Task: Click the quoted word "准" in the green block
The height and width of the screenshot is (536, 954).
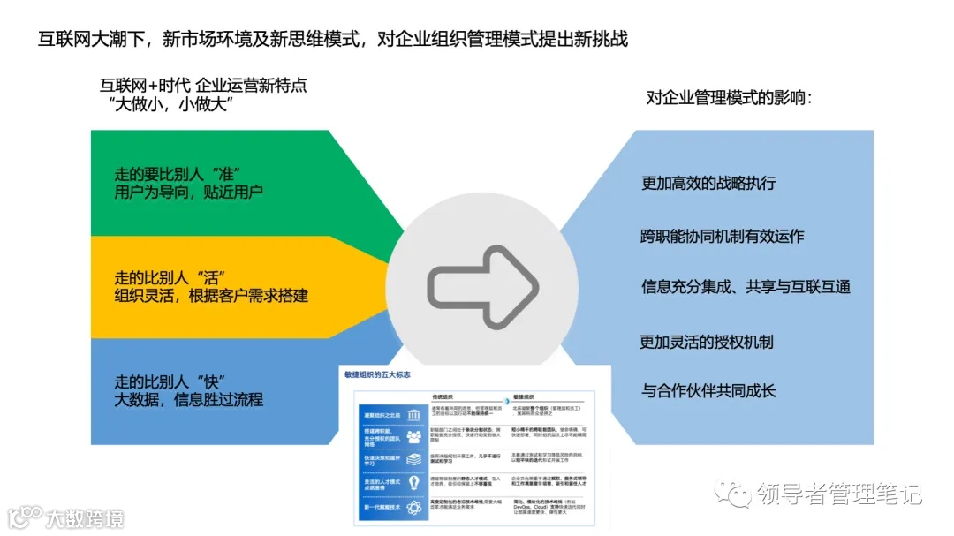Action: (x=228, y=171)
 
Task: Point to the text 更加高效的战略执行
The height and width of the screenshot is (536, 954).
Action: (x=708, y=183)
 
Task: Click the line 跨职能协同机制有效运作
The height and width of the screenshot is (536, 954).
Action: (x=722, y=236)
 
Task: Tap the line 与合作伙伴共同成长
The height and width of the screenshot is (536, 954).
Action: (x=708, y=389)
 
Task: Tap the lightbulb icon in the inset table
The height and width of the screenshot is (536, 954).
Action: (x=413, y=483)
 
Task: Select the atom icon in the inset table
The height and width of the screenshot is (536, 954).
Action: (x=413, y=506)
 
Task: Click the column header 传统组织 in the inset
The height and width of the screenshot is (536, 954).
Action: (x=445, y=396)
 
